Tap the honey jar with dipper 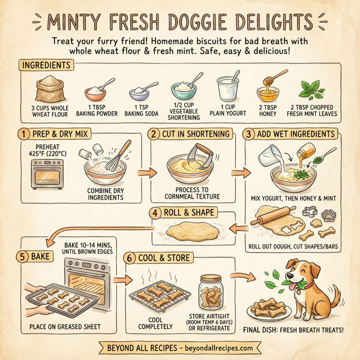(267, 90)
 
